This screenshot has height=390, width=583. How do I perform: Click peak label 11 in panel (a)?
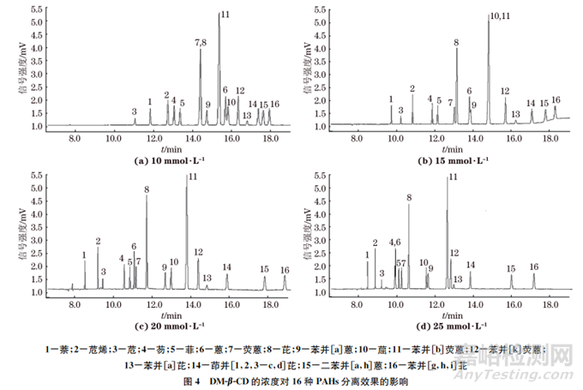coord(225,15)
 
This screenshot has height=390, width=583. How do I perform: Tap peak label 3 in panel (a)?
coord(135,111)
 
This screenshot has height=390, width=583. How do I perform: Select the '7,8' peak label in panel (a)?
coord(201,42)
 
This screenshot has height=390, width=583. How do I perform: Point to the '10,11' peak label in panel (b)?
coord(499,16)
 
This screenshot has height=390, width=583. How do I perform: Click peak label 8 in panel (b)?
coord(456,42)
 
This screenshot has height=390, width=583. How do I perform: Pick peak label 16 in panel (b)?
coord(556,99)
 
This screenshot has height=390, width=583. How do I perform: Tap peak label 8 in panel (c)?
coord(147,189)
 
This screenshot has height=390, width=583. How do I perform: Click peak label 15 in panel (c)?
coord(264,268)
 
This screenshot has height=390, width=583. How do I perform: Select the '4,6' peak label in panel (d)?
coord(394,243)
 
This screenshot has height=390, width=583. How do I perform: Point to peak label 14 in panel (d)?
coord(470,265)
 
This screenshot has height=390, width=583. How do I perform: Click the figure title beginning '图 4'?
coord(291,380)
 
